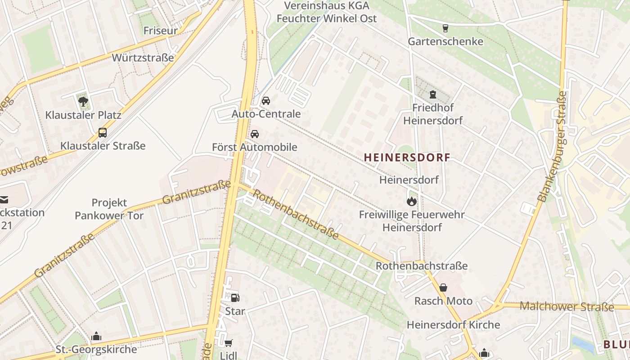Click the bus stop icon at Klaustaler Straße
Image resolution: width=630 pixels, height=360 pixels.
(103, 133)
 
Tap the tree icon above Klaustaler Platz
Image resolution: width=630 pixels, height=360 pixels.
(83, 101)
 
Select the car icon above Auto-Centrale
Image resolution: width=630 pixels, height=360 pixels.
(266, 100)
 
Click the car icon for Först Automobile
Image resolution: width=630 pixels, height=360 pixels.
(255, 134)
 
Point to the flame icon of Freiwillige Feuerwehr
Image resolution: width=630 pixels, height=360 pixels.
(411, 201)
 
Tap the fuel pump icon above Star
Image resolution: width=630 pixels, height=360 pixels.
(235, 297)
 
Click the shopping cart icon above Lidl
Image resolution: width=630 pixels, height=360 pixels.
(229, 343)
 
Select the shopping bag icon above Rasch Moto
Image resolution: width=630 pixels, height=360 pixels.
(443, 288)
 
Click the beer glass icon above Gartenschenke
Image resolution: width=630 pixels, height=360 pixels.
(445, 28)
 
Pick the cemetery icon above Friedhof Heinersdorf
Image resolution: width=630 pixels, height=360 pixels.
(433, 94)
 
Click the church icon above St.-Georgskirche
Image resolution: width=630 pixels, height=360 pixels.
(96, 336)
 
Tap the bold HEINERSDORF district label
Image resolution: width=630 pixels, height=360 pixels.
(407, 157)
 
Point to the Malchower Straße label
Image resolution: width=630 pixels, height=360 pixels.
(567, 307)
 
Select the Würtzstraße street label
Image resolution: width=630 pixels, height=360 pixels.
(143, 58)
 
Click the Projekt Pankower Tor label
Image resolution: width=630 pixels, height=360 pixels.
(109, 209)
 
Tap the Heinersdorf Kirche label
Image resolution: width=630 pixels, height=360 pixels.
(453, 324)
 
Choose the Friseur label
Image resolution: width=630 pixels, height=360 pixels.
(160, 31)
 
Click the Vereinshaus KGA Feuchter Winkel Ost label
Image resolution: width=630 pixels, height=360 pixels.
(327, 12)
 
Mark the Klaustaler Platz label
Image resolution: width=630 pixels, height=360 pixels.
(83, 115)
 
